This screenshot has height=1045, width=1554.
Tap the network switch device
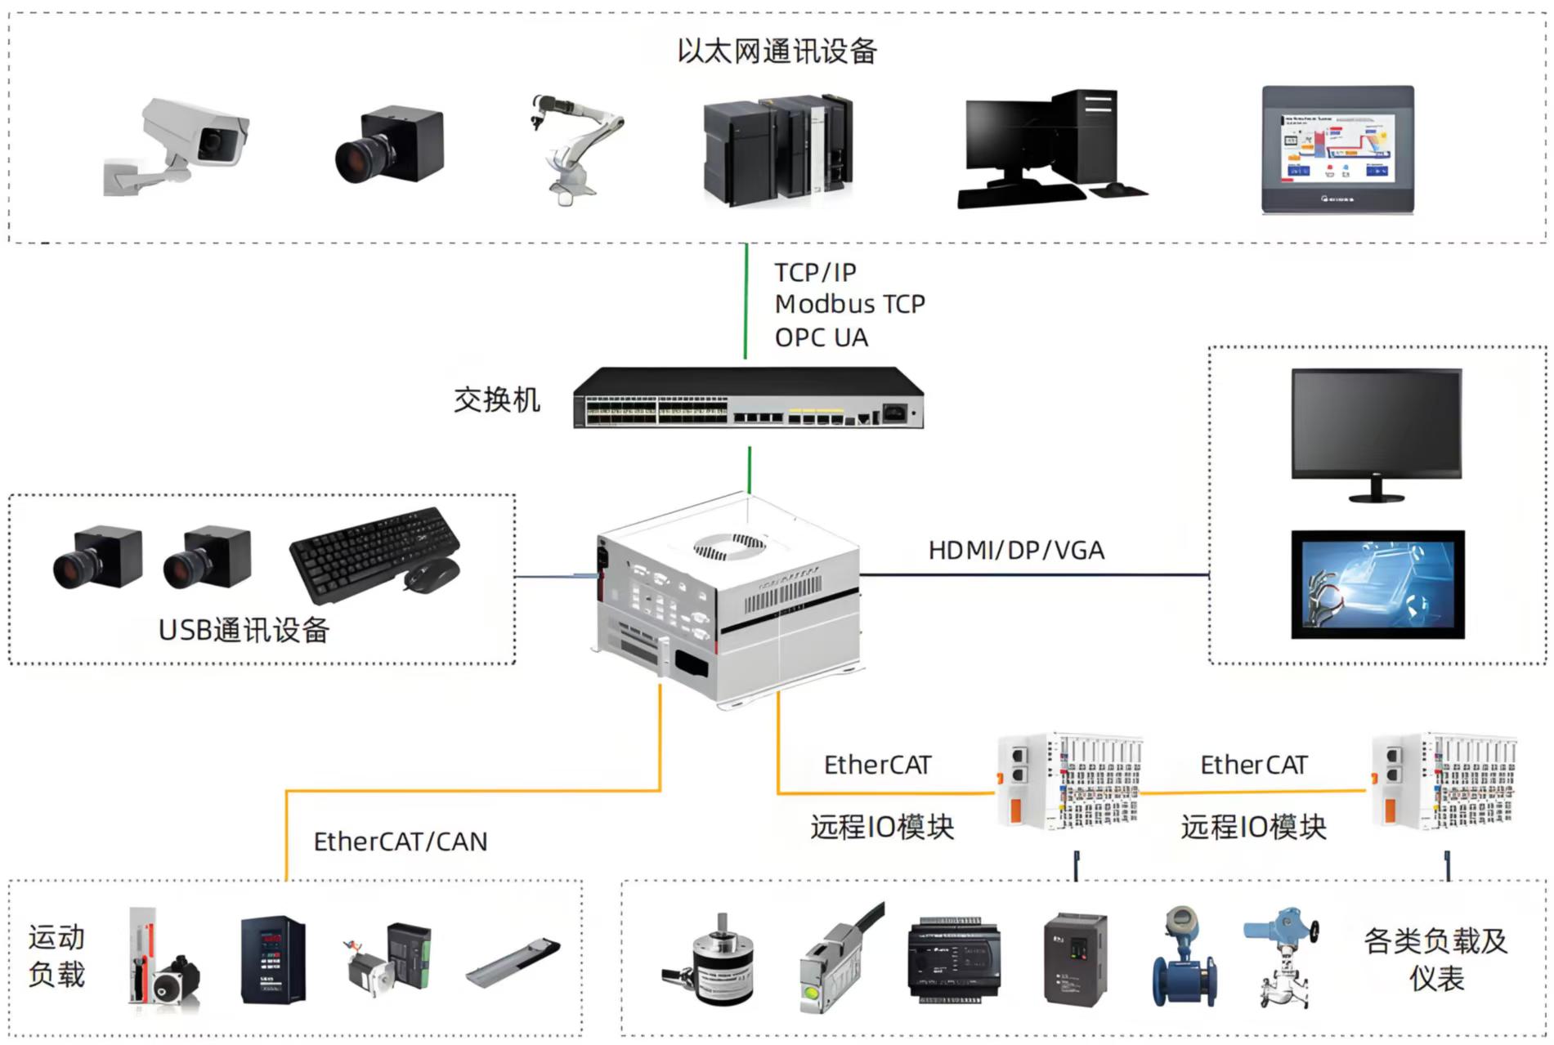click(x=748, y=398)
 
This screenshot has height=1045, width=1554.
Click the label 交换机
click(x=497, y=400)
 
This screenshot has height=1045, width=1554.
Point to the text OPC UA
click(x=821, y=337)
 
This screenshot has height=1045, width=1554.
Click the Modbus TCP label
click(x=849, y=304)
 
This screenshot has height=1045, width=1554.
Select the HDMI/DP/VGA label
click(x=1016, y=551)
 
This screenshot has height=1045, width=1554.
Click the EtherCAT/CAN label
click(x=401, y=842)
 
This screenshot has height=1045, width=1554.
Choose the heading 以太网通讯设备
click(x=777, y=51)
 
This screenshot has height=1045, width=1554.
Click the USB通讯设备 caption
click(x=244, y=630)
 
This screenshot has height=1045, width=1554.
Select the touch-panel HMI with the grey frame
click(x=1337, y=150)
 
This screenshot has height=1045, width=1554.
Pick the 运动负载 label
click(x=56, y=956)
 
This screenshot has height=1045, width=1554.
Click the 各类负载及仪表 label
click(x=1435, y=959)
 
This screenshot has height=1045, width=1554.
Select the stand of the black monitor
click(x=1377, y=491)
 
